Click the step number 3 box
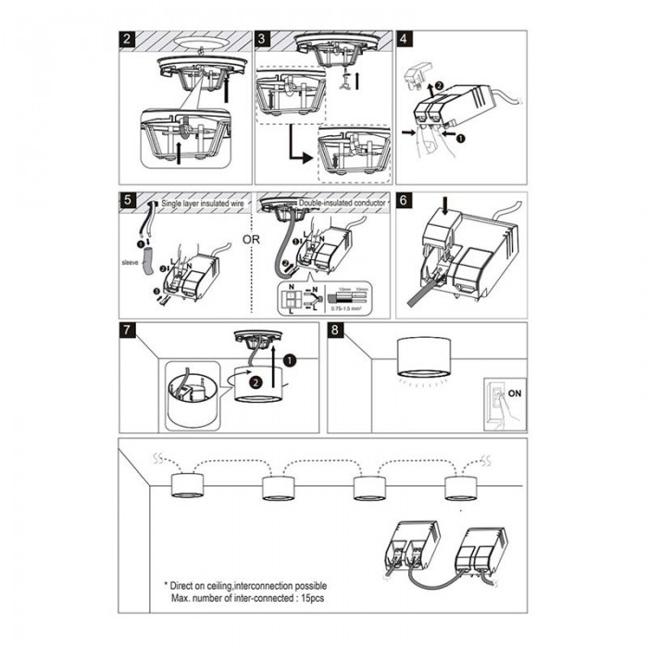pos(263,40)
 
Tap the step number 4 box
pos(405,40)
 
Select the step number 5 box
pos(129,201)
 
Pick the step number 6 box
pos(405,201)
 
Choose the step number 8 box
pos(335,331)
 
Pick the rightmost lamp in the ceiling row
pos(463,485)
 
